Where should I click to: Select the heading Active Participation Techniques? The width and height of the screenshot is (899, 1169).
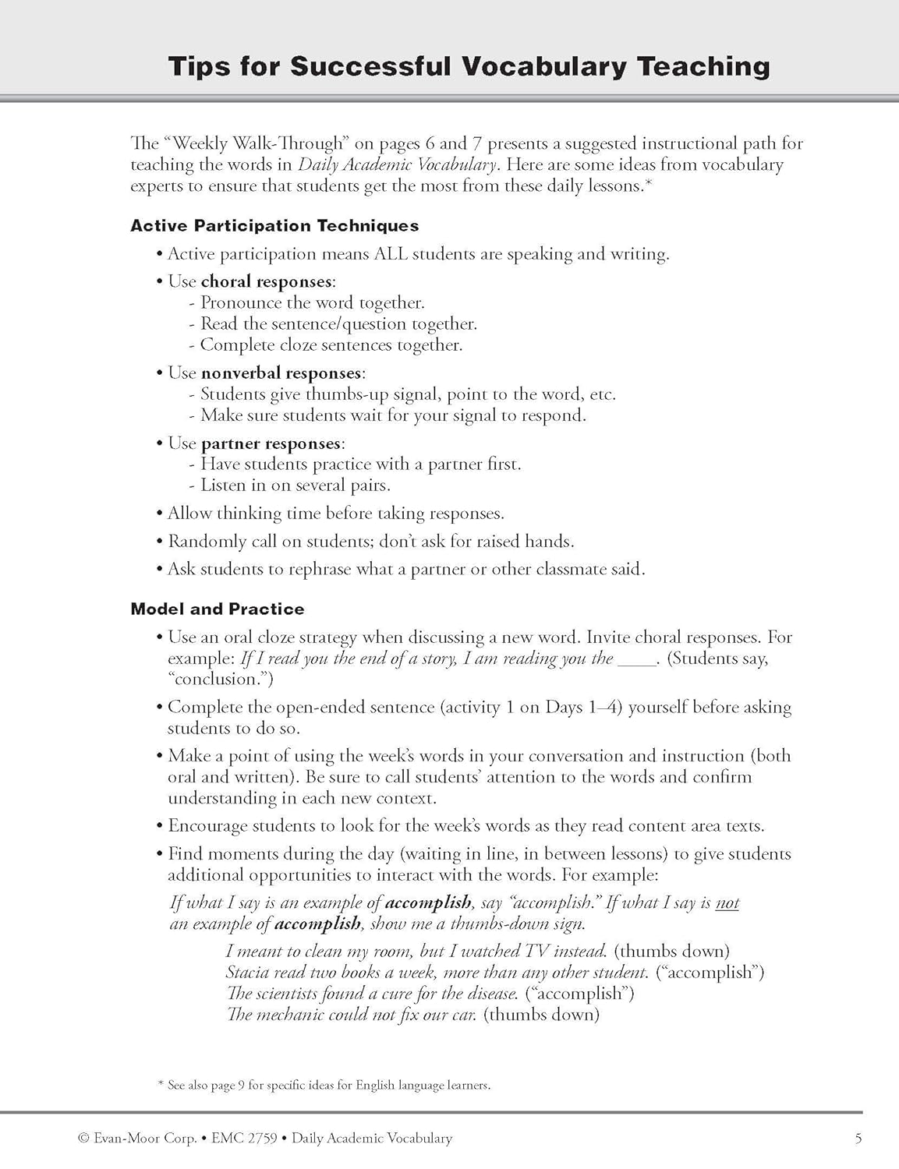(x=274, y=226)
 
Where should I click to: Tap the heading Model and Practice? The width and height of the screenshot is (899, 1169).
(x=218, y=609)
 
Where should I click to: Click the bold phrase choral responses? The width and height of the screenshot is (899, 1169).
(x=267, y=281)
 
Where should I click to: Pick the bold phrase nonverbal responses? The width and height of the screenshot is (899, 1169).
(x=281, y=373)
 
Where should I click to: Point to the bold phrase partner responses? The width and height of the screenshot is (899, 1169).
(x=271, y=443)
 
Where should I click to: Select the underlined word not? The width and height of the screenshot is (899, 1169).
(x=727, y=903)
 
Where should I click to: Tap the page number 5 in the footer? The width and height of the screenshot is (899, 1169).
(x=858, y=1139)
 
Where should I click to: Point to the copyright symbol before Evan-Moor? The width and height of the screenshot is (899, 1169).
(x=83, y=1139)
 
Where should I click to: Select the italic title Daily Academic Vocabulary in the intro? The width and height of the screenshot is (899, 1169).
(x=397, y=165)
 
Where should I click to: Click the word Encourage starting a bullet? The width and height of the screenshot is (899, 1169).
(x=208, y=826)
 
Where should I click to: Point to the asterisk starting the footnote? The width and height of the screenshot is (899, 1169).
(x=161, y=1085)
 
